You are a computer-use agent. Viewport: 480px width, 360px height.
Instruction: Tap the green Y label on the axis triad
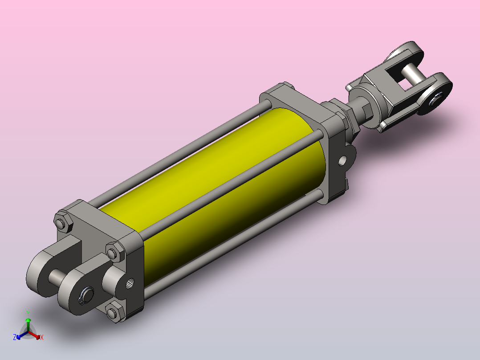click(28, 313)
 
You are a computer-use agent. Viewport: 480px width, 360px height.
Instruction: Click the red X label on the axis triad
click(42, 337)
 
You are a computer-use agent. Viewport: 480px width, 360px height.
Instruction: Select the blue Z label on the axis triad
click(15, 337)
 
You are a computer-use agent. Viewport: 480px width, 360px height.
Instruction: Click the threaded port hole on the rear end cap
click(130, 283)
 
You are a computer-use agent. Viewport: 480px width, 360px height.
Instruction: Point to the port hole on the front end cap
click(342, 160)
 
